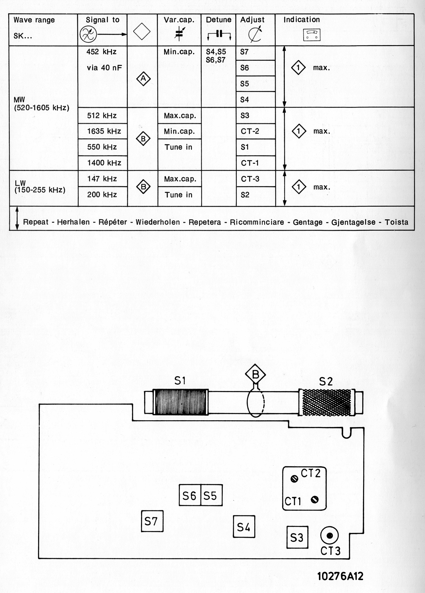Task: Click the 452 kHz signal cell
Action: pyautogui.click(x=101, y=52)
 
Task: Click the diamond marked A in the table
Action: pyautogui.click(x=143, y=78)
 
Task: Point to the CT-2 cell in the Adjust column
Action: pyautogui.click(x=250, y=131)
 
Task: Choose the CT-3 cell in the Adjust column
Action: pyautogui.click(x=250, y=179)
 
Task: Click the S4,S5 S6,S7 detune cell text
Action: pyautogui.click(x=216, y=56)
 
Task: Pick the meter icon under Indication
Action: pyautogui.click(x=312, y=35)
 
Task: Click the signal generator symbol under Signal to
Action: pyautogui.click(x=88, y=34)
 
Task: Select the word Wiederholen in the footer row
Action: pyautogui.click(x=158, y=222)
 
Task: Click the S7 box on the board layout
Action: pyautogui.click(x=152, y=521)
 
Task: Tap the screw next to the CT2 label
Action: pyautogui.click(x=294, y=479)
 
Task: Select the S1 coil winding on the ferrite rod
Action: pyautogui.click(x=180, y=402)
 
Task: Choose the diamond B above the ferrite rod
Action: pyautogui.click(x=255, y=374)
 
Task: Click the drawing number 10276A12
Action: pyautogui.click(x=340, y=576)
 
